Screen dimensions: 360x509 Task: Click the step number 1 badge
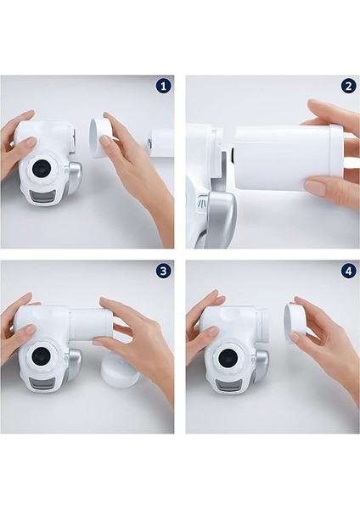point(163,87)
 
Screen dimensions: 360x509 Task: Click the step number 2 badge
point(348,87)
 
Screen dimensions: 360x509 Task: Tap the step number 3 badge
point(163,271)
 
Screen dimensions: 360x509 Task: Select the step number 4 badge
point(348,271)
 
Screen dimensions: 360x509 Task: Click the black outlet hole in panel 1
point(42,168)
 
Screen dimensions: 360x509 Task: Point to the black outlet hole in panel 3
point(42,356)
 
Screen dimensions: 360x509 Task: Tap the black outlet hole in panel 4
point(228,358)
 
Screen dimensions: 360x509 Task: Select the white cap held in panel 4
point(296,323)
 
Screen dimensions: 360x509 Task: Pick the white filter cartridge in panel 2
point(289,158)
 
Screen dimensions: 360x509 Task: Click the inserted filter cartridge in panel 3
point(91,325)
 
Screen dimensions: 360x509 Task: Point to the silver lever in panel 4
point(262,366)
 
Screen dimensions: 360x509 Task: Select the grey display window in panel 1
point(43,197)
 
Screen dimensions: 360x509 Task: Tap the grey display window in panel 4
point(228,386)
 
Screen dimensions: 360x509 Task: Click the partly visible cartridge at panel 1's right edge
point(160,142)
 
